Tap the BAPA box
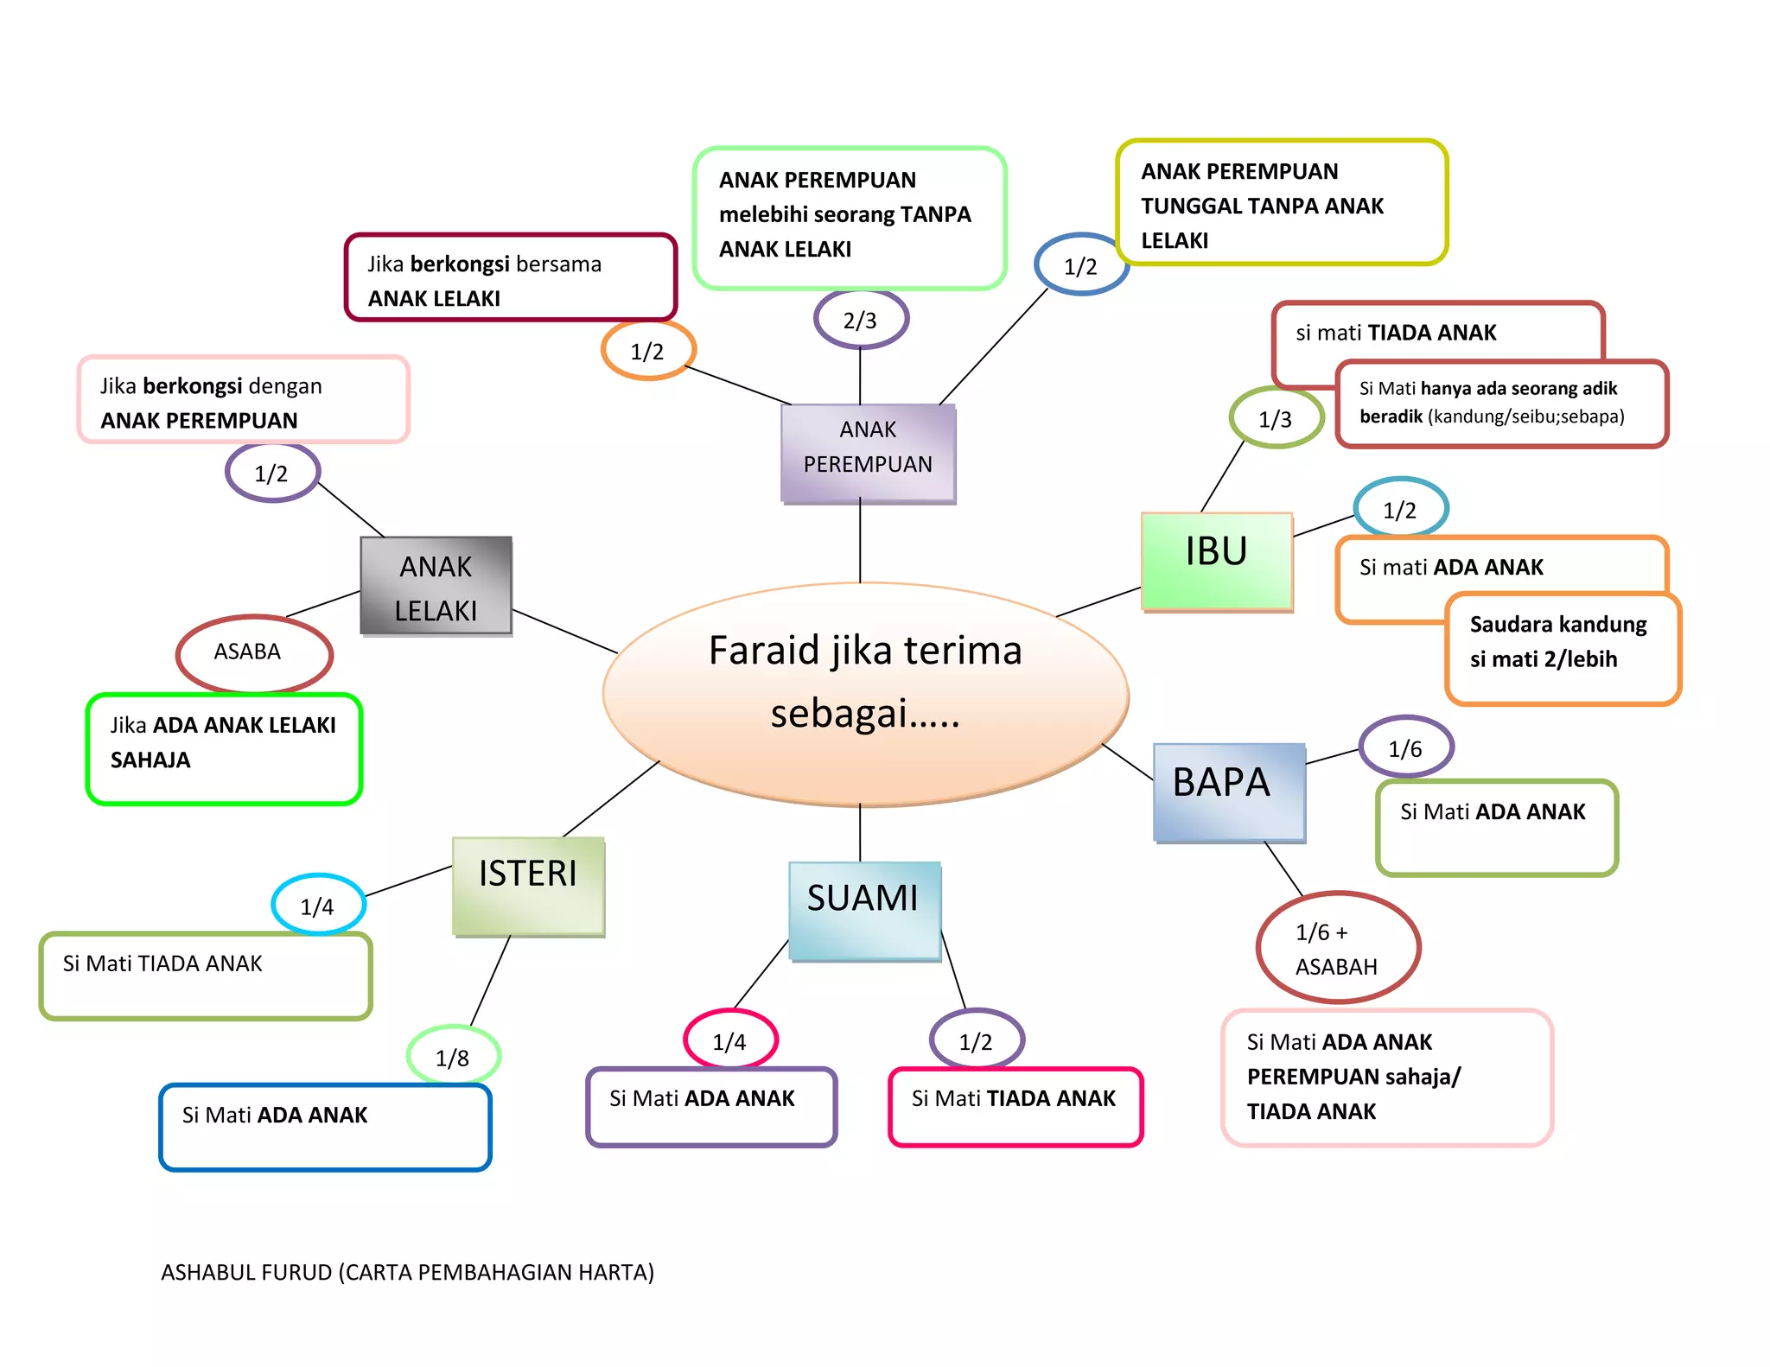[1228, 791]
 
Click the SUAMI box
[863, 909]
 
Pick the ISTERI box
[527, 885]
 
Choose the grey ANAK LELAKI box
[436, 585]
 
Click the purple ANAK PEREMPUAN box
[868, 452]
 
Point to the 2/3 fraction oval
[861, 320]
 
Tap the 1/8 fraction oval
[453, 1056]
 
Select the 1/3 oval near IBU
[1276, 418]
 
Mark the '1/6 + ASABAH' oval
[1337, 948]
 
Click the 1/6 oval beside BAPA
[1405, 747]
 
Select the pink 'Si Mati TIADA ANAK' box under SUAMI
[1015, 1107]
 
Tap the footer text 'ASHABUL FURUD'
[406, 1272]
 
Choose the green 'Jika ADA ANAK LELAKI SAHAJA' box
[223, 748]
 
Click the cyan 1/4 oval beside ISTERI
[318, 905]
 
